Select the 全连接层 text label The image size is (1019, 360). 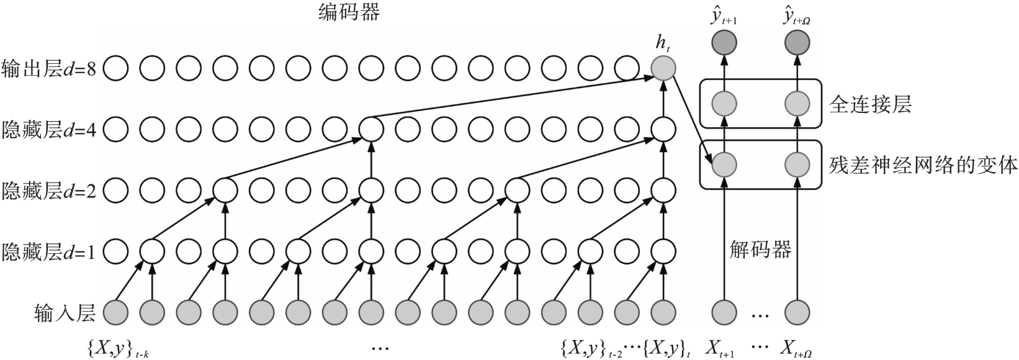(870, 104)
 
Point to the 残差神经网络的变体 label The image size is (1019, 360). (923, 165)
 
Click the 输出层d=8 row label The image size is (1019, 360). (49, 68)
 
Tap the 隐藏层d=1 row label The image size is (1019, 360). (49, 251)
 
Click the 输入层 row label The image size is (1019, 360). (65, 313)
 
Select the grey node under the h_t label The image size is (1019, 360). (663, 68)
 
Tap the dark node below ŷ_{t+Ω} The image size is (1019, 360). (797, 43)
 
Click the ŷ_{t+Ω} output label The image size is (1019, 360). (797, 17)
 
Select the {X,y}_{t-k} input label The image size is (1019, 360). (119, 349)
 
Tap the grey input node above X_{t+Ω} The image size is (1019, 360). (797, 312)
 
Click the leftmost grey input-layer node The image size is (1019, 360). (115, 312)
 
